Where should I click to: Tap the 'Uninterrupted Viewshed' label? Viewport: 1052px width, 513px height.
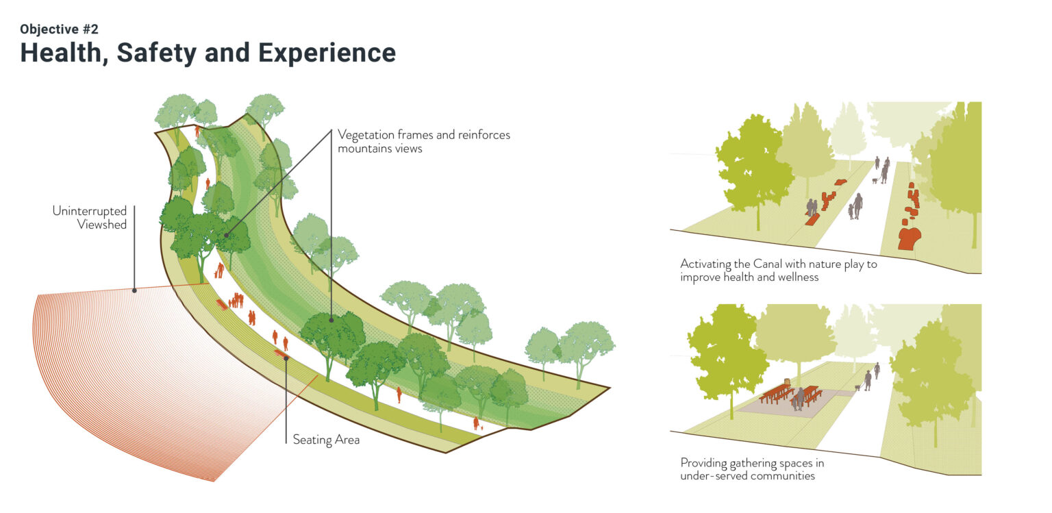coord(90,217)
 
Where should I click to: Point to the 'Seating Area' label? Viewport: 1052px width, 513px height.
coord(326,439)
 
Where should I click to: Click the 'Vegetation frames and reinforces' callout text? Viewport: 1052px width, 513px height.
coord(423,135)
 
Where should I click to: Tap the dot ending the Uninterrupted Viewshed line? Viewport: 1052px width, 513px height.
coord(134,290)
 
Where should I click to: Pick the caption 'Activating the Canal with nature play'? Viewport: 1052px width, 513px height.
coord(778,264)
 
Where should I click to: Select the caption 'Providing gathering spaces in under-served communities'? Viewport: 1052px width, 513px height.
coord(751,469)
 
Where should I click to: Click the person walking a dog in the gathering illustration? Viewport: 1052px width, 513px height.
coord(868,380)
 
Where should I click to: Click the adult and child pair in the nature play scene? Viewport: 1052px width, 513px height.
coord(855,206)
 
